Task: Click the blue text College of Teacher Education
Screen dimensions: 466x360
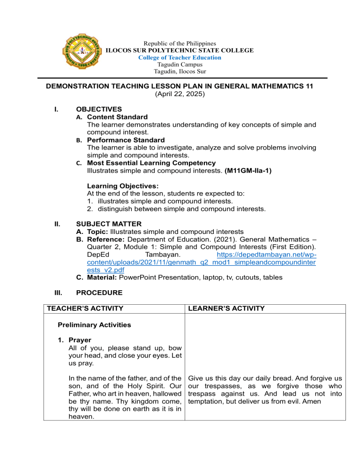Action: tap(180, 57)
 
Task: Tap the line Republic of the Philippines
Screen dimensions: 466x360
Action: tap(180, 43)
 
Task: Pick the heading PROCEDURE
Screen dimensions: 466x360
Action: tap(99, 293)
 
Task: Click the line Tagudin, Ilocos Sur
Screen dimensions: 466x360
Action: tap(180, 72)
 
